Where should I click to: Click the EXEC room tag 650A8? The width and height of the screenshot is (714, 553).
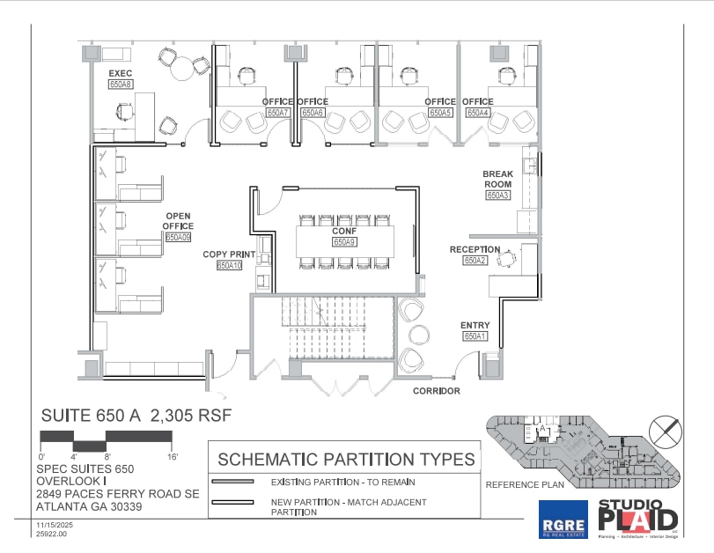[x=120, y=85]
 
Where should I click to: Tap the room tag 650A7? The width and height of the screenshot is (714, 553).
[x=278, y=113]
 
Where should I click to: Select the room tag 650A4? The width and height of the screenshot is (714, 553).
[x=478, y=113]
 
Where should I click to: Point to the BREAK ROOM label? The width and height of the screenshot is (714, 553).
[x=497, y=179]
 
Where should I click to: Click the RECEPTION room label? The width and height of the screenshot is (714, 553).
[x=475, y=249]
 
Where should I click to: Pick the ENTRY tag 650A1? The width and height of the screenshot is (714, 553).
[x=475, y=336]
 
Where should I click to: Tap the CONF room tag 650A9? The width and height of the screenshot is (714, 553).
[x=343, y=241]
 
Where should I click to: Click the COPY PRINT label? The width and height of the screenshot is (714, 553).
[x=229, y=254]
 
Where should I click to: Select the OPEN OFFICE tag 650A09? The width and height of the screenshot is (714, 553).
[x=179, y=237]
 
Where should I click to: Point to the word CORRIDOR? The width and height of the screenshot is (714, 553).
[x=438, y=390]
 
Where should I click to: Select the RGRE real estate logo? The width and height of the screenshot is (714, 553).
[x=563, y=520]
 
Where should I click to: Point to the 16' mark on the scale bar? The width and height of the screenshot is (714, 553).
[x=171, y=457]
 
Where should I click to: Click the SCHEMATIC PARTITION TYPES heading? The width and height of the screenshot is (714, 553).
[x=345, y=459]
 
